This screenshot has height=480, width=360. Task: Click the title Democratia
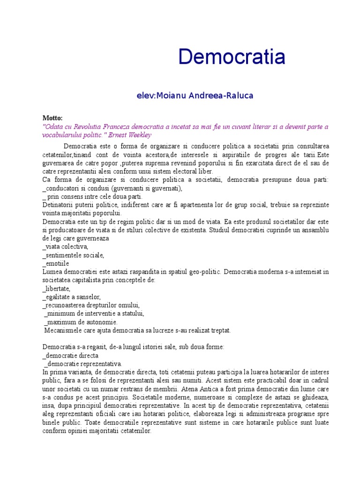(232, 57)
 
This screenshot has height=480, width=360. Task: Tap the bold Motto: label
(52, 118)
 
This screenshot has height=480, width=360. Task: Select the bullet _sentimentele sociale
(73, 255)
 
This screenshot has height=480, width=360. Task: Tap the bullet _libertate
(57, 288)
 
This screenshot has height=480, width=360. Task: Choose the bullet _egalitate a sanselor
(71, 297)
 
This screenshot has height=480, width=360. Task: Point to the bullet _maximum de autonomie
(81, 322)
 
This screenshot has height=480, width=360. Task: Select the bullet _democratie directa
(70, 355)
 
